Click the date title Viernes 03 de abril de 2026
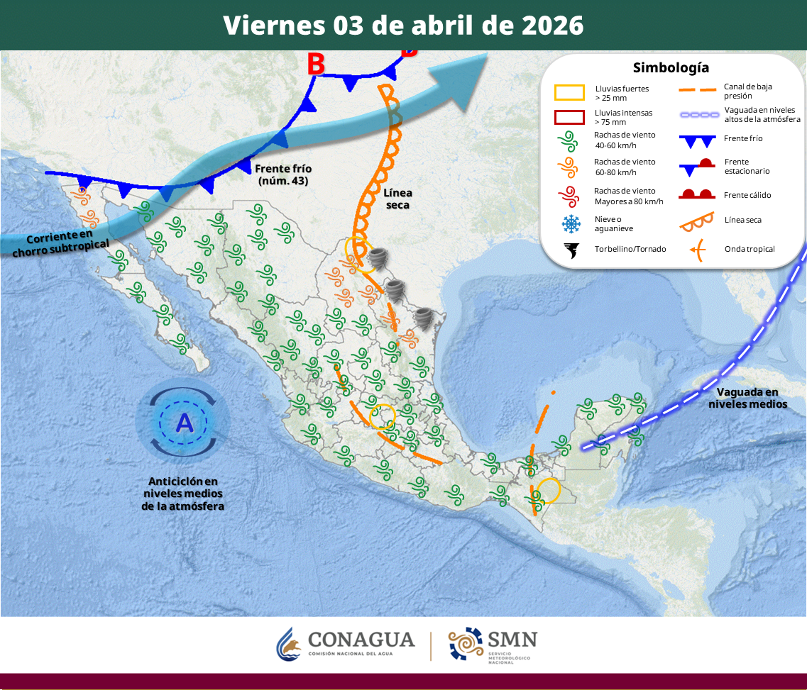coord(403,26)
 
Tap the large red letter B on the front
coord(316,65)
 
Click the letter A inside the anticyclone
coord(184,423)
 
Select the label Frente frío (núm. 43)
coord(283,174)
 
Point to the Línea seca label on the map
coord(397,199)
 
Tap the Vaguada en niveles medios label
coord(747,398)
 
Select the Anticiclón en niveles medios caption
coord(182,494)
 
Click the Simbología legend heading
coord(671,68)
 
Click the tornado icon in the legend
coord(570,250)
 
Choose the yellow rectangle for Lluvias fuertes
coord(569,93)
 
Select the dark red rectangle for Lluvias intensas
coord(569,117)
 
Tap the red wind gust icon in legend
coord(569,196)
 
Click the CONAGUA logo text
coord(361,640)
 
